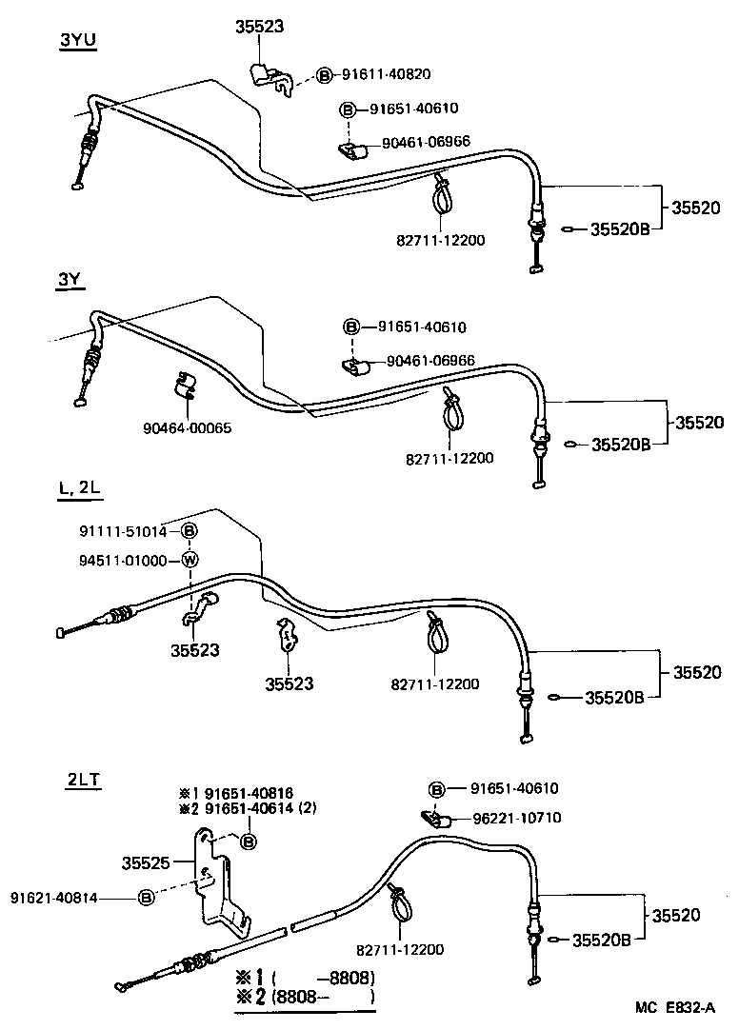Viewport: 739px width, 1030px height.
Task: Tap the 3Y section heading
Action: click(x=69, y=280)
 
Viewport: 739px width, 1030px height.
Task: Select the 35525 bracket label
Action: click(x=145, y=863)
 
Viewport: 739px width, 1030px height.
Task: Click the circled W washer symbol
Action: click(x=190, y=560)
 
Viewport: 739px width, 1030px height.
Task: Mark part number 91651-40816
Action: click(x=237, y=792)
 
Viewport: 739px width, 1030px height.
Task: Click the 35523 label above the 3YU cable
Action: click(x=259, y=28)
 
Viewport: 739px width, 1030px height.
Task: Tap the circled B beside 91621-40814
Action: click(x=147, y=896)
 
